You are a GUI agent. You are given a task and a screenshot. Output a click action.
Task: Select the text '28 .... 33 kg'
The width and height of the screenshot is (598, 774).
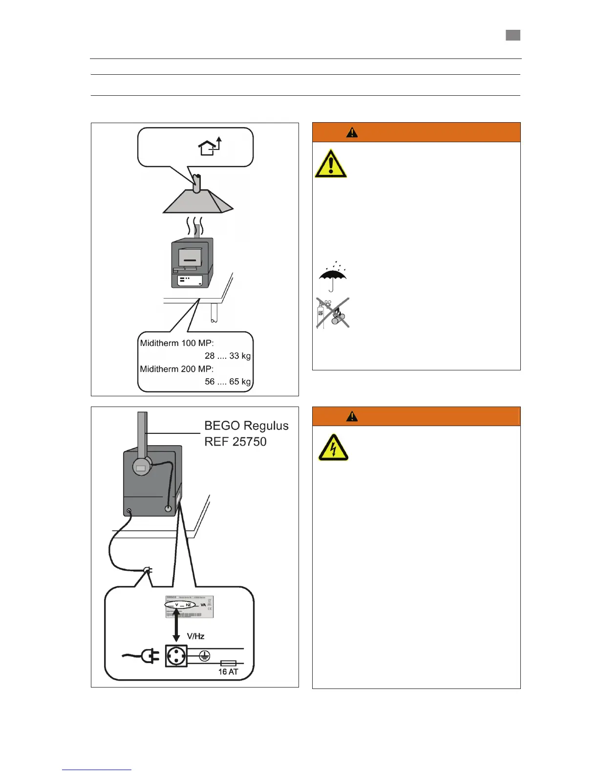pyautogui.click(x=227, y=356)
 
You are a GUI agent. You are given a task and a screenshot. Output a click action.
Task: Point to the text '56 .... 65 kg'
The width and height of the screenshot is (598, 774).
pyautogui.click(x=227, y=382)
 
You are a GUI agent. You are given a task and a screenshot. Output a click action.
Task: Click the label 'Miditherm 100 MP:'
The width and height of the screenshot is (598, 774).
pyautogui.click(x=177, y=343)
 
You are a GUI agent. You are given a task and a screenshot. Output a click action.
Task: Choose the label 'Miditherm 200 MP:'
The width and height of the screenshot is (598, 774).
pyautogui.click(x=177, y=369)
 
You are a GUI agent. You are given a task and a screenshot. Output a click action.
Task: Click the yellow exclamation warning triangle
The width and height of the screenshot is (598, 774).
pyautogui.click(x=331, y=164)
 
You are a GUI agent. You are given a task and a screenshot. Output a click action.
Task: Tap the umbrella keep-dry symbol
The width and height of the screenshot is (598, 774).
pyautogui.click(x=332, y=276)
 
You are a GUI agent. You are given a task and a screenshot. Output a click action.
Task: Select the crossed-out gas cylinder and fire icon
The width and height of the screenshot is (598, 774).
pyautogui.click(x=332, y=313)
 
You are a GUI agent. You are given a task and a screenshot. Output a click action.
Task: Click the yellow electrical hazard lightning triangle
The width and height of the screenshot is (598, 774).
pyautogui.click(x=333, y=448)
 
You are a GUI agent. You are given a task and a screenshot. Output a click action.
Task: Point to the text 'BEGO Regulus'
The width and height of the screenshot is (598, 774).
pyautogui.click(x=246, y=426)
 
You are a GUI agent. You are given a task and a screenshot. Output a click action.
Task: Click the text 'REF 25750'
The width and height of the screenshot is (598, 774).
pyautogui.click(x=235, y=442)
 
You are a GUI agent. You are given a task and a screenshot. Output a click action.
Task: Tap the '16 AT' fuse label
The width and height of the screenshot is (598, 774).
pyautogui.click(x=228, y=672)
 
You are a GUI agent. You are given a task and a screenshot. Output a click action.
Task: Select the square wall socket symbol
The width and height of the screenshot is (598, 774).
pyautogui.click(x=176, y=656)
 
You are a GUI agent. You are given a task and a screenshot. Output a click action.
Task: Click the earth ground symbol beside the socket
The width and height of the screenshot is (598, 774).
pyautogui.click(x=205, y=656)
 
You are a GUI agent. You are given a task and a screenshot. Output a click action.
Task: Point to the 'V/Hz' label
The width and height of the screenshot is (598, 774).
pyautogui.click(x=195, y=636)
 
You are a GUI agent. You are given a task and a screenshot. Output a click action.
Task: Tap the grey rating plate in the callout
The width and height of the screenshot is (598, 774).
pyautogui.click(x=189, y=606)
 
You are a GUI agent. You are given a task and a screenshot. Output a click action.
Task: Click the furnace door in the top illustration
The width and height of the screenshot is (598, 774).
pyautogui.click(x=190, y=258)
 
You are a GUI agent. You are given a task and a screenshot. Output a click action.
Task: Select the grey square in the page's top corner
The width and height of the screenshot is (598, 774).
pyautogui.click(x=513, y=35)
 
